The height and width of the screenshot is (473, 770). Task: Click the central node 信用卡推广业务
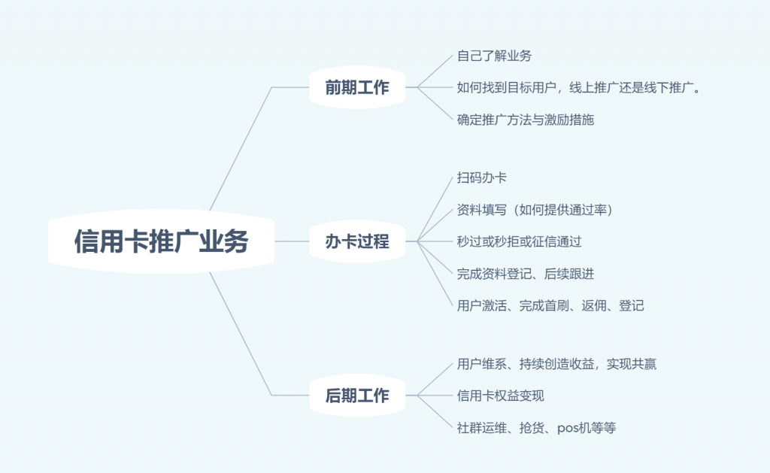[161, 241]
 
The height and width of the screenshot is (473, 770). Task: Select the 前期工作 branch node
[357, 87]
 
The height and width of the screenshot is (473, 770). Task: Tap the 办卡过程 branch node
[357, 241]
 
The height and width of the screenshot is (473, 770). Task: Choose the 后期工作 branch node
[357, 396]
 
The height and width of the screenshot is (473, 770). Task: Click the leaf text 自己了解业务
[494, 56]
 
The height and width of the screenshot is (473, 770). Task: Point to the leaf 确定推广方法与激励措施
[526, 120]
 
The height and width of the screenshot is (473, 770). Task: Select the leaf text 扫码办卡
[481, 177]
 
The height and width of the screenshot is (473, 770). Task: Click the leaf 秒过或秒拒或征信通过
[519, 241]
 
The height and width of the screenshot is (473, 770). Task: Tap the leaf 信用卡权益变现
[500, 396]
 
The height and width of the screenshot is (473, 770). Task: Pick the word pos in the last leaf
[568, 429]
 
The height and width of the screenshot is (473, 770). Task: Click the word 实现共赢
[632, 364]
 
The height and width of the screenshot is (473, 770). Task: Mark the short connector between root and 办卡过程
[292, 241]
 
